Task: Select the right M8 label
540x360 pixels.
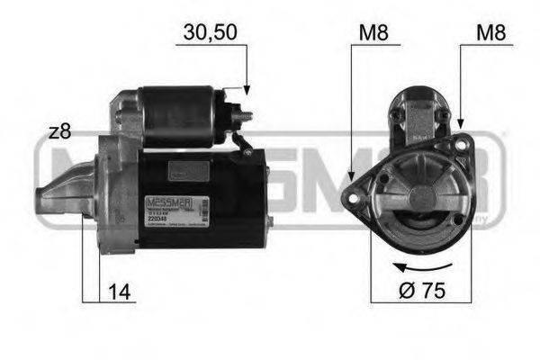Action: click(x=490, y=33)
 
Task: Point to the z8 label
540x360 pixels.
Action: click(x=60, y=132)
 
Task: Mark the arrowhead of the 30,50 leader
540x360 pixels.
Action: click(x=245, y=90)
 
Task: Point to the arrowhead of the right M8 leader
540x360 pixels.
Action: click(x=461, y=127)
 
